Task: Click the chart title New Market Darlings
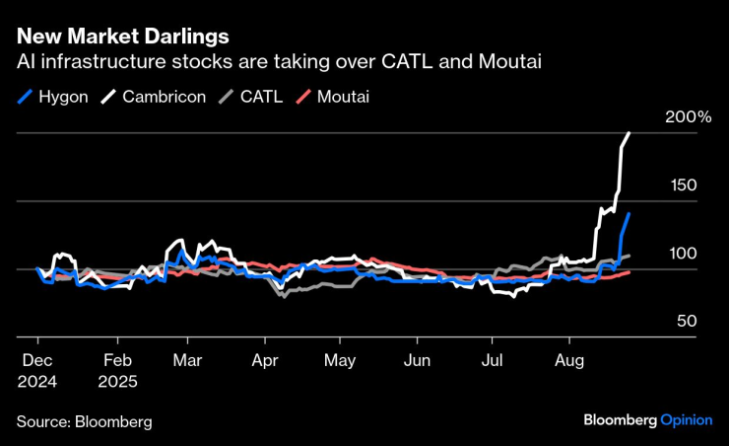(x=123, y=37)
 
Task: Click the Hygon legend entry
(x=57, y=97)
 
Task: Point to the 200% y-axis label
(x=688, y=117)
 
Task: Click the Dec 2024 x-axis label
(x=36, y=370)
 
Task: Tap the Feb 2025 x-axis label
(x=117, y=370)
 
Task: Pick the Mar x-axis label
(x=188, y=361)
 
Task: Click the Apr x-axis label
(x=264, y=361)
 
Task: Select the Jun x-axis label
(x=419, y=361)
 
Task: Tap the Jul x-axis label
(x=494, y=361)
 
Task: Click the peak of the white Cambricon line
(x=630, y=132)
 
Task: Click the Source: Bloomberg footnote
(x=84, y=421)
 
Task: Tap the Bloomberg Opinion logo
(x=648, y=420)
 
